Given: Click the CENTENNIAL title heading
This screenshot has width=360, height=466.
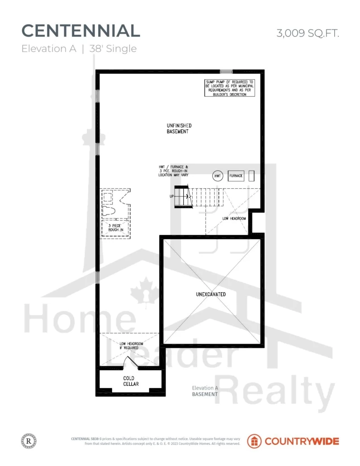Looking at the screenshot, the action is coord(81,31).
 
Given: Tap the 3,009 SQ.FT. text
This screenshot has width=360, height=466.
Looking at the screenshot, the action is coord(308,33).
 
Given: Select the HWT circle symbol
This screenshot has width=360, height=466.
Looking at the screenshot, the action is coord(218,176).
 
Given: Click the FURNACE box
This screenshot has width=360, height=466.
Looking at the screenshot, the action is coord(236,176).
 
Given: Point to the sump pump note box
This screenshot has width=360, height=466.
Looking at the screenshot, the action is coord(230,88).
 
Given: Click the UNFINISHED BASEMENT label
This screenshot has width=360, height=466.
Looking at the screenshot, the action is coord(179,128).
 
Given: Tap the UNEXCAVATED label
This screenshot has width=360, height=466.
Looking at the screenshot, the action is coord(211,294).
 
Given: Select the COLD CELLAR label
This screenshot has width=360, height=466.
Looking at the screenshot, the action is coord(131,381).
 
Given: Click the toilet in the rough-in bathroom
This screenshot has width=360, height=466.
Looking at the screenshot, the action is coord(109,211).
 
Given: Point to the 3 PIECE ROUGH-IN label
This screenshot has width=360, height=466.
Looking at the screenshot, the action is coord(115,228).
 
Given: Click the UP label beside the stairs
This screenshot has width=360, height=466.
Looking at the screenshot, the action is coord(172,196).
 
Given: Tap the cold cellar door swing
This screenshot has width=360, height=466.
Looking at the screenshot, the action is coord(130,362).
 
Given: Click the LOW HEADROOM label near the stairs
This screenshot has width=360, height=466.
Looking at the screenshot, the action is coord(234,219).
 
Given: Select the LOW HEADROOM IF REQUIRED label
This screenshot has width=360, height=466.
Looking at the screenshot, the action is coord(131,346).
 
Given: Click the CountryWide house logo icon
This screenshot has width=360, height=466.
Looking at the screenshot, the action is coord(254,441).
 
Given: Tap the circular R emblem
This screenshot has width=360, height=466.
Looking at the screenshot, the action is coord(29,441).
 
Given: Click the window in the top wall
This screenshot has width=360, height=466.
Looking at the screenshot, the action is coord(226,71).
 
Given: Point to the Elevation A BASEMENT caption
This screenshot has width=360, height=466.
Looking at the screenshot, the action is coord(205,391).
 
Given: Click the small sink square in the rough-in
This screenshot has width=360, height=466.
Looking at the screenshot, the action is coord(108,197).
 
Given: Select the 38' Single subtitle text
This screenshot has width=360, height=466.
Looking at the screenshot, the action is coord(113,48).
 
